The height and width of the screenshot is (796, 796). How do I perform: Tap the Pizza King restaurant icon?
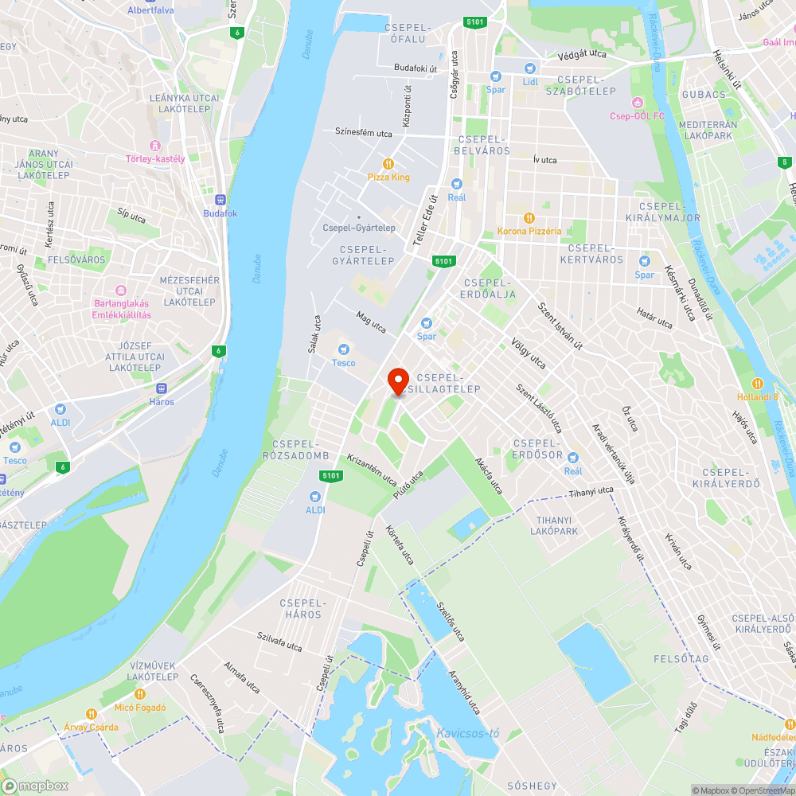(388, 163)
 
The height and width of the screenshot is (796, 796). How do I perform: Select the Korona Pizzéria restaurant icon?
(529, 217)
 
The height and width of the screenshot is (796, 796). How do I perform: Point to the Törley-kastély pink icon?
(155, 146)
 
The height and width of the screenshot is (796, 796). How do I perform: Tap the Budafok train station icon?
(220, 200)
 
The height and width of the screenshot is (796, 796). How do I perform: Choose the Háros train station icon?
(162, 388)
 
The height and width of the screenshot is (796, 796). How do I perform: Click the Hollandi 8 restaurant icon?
(758, 383)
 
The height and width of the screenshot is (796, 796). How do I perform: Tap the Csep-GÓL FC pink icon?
(637, 103)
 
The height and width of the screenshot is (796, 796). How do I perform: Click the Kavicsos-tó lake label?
(467, 733)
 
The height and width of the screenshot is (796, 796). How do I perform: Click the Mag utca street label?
(371, 322)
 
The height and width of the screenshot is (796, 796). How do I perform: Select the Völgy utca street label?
(529, 353)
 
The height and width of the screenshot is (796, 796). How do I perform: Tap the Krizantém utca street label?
(372, 470)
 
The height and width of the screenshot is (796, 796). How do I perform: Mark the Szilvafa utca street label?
(279, 642)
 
